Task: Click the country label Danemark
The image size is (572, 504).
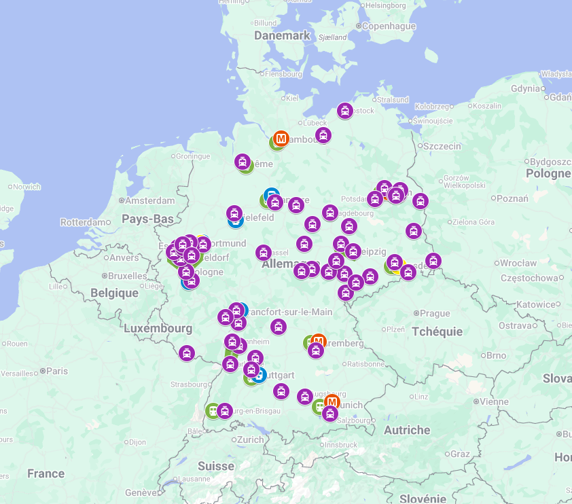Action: [x=282, y=35]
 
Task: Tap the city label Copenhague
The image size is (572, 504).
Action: [x=389, y=26]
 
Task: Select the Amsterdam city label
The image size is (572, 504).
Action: [x=151, y=200]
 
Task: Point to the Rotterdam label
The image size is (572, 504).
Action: [x=84, y=222]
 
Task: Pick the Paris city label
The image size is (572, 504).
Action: [x=57, y=371]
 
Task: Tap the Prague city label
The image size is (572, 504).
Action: [x=435, y=313]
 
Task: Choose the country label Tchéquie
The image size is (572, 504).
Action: [x=437, y=331]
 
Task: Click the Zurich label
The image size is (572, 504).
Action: [x=250, y=439]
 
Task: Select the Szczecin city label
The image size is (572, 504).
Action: [x=443, y=145]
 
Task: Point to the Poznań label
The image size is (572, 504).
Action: [x=512, y=198]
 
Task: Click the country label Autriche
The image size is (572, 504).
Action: [x=407, y=430]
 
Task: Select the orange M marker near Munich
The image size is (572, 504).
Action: [x=332, y=402]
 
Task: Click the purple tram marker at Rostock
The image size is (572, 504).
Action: [x=345, y=111]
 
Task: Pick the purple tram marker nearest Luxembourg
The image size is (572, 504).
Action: [x=187, y=353]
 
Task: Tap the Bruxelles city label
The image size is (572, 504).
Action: [x=127, y=276]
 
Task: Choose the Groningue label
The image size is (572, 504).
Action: [x=193, y=156]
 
